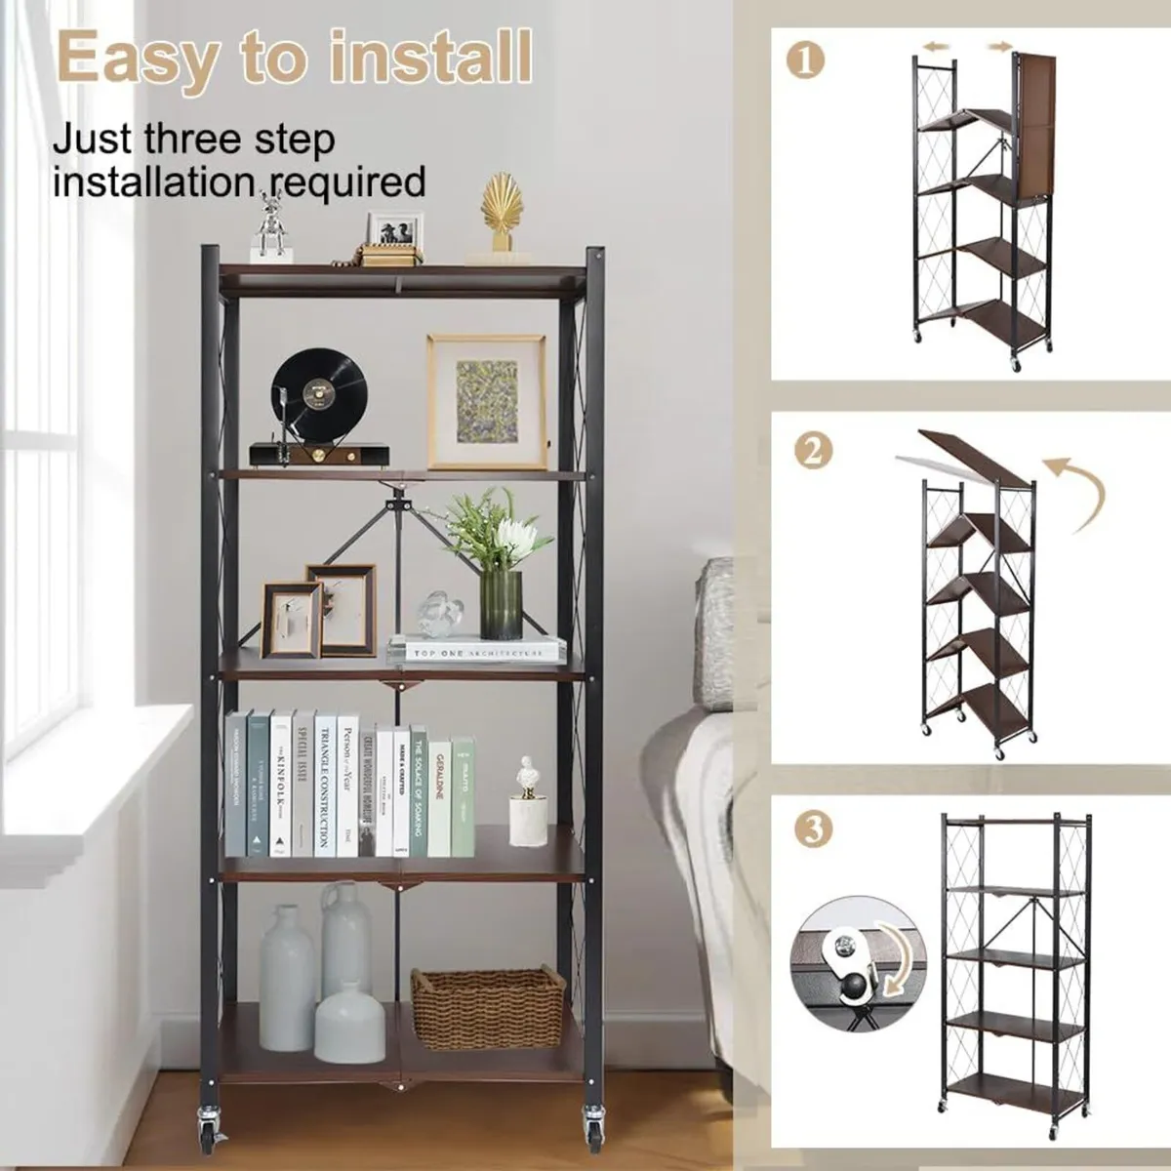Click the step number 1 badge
coord(805,60)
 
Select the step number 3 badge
coord(813,829)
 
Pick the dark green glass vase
coord(502,605)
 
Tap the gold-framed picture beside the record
coord(486,401)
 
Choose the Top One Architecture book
coord(478,651)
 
